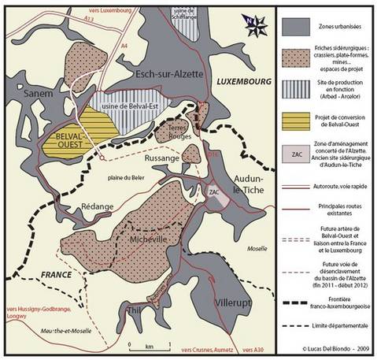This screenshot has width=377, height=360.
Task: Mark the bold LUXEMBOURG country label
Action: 242,82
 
